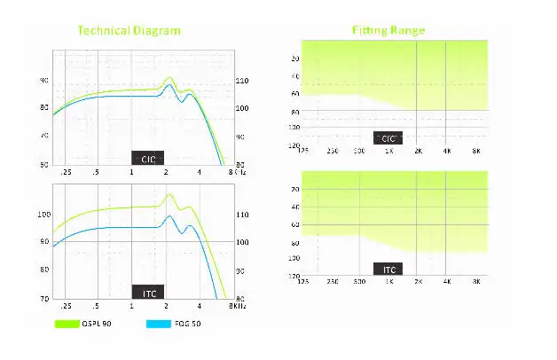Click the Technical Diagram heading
tap(129, 30)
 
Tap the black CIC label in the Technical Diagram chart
tap(147, 157)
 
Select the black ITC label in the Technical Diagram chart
tap(147, 292)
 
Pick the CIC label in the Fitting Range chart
tap(388, 138)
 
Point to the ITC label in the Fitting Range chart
tap(388, 269)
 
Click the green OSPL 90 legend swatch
tap(67, 324)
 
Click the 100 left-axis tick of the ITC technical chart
tap(44, 215)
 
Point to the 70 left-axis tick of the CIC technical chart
tap(44, 136)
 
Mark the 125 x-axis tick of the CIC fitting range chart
tap(302, 151)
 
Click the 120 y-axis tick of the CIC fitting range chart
tap(294, 143)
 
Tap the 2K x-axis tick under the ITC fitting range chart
tap(418, 281)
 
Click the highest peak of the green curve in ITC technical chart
tap(170, 195)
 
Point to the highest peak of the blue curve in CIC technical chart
tap(169, 86)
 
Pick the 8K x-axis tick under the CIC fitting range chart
tap(476, 151)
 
